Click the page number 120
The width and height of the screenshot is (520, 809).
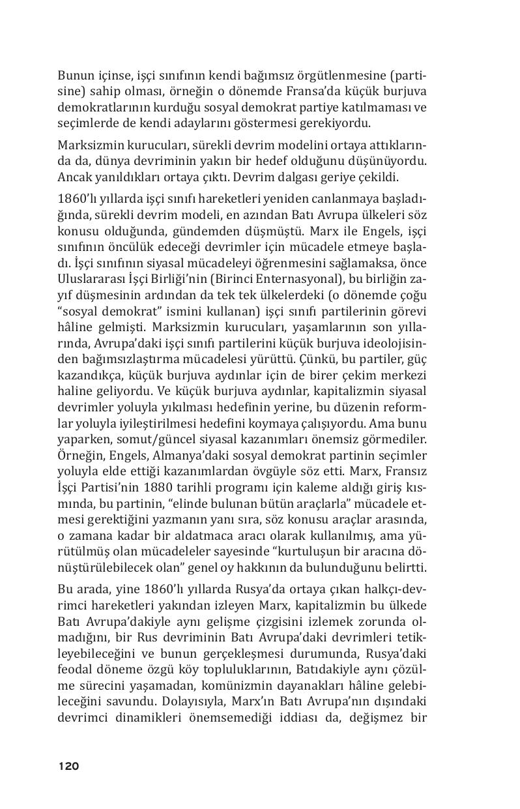pos(68,766)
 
